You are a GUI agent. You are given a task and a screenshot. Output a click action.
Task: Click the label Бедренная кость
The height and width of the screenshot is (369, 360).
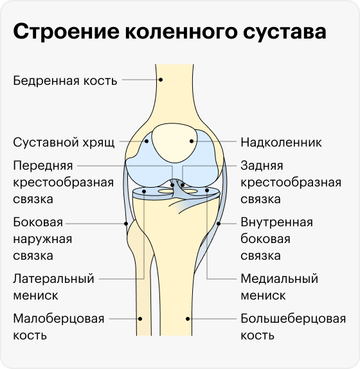coord(65,81)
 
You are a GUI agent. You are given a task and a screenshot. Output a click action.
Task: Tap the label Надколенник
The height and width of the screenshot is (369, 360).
coord(281,142)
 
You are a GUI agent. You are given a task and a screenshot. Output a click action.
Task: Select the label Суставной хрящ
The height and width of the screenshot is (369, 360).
coord(64,143)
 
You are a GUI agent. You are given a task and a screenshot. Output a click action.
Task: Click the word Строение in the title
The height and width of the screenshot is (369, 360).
coord(66,32)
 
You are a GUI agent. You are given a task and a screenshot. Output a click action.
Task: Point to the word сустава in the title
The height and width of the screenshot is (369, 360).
coord(285,32)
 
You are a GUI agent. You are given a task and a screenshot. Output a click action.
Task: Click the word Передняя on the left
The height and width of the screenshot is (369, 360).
coord(43,166)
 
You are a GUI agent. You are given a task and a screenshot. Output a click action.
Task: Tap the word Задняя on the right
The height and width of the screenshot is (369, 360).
coord(262,166)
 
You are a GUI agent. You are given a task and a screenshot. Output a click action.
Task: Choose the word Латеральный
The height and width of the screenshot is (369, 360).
coord(53,278)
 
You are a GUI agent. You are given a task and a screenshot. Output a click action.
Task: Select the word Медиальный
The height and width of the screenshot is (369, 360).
coord(279,279)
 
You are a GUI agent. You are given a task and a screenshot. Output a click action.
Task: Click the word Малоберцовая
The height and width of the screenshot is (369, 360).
coord(59,319)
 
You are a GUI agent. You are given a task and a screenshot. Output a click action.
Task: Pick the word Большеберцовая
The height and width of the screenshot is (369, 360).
coord(293,319)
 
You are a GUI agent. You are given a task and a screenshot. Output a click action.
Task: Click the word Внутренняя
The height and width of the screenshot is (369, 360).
coord(276,222)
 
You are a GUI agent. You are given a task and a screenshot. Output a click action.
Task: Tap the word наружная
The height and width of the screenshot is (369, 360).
coord(42,239)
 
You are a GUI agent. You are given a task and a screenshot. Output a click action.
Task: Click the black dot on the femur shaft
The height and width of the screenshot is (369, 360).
coord(161,80)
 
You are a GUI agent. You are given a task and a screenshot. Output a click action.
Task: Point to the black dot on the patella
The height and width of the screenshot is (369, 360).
coord(192,141)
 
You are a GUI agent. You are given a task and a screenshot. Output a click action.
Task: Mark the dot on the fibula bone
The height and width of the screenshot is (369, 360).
coord(140,319)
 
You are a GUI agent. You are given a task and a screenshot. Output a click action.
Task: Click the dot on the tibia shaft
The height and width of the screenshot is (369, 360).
coord(188,319)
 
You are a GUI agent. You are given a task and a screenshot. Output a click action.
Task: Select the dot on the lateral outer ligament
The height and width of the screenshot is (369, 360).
coord(126,224)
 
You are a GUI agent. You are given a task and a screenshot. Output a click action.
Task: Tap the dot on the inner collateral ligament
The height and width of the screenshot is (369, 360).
coord(219,224)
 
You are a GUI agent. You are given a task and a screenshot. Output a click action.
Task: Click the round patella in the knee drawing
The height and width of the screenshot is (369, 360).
coord(174,143)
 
